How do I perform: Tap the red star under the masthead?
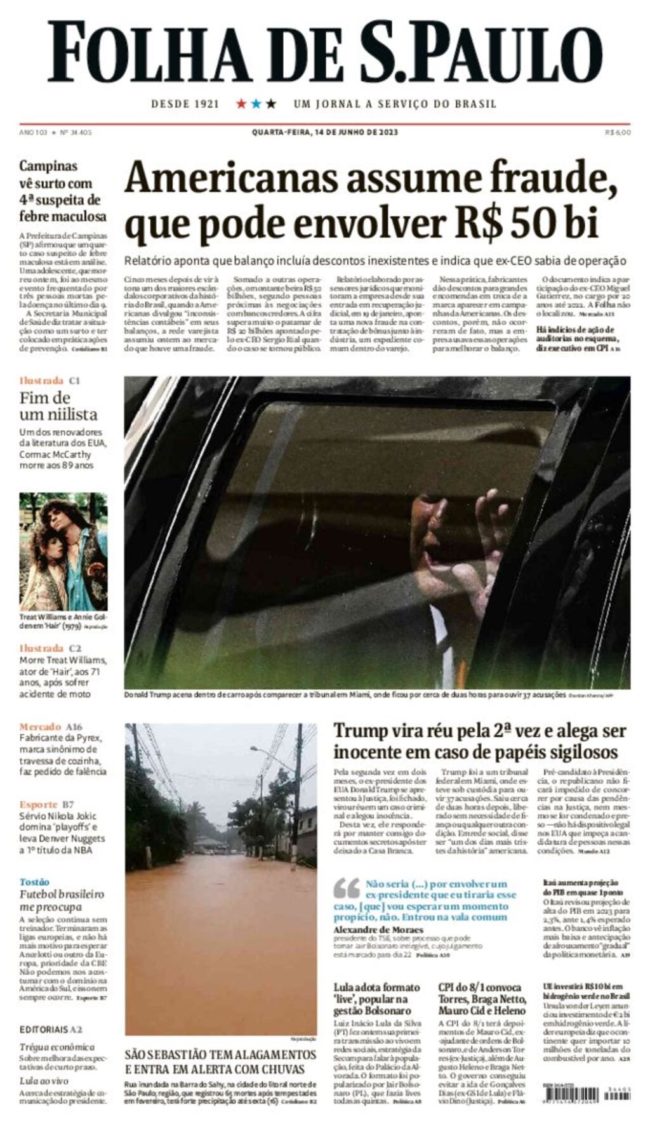click(241, 103)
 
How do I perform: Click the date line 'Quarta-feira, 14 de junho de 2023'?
click(324, 132)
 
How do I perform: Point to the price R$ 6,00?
click(618, 132)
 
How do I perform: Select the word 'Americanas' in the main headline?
click(231, 180)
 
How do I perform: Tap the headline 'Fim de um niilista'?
click(58, 406)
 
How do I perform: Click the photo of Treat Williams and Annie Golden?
click(63, 551)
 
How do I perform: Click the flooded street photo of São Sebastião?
click(220, 879)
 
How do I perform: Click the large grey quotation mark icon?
click(346, 889)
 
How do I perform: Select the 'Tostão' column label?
click(34, 882)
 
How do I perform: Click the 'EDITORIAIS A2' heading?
click(51, 1029)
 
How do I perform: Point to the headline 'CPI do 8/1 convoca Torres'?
click(481, 999)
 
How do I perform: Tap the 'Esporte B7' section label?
click(46, 804)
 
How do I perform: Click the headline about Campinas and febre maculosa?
click(63, 191)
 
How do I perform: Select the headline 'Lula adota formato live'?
click(377, 999)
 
